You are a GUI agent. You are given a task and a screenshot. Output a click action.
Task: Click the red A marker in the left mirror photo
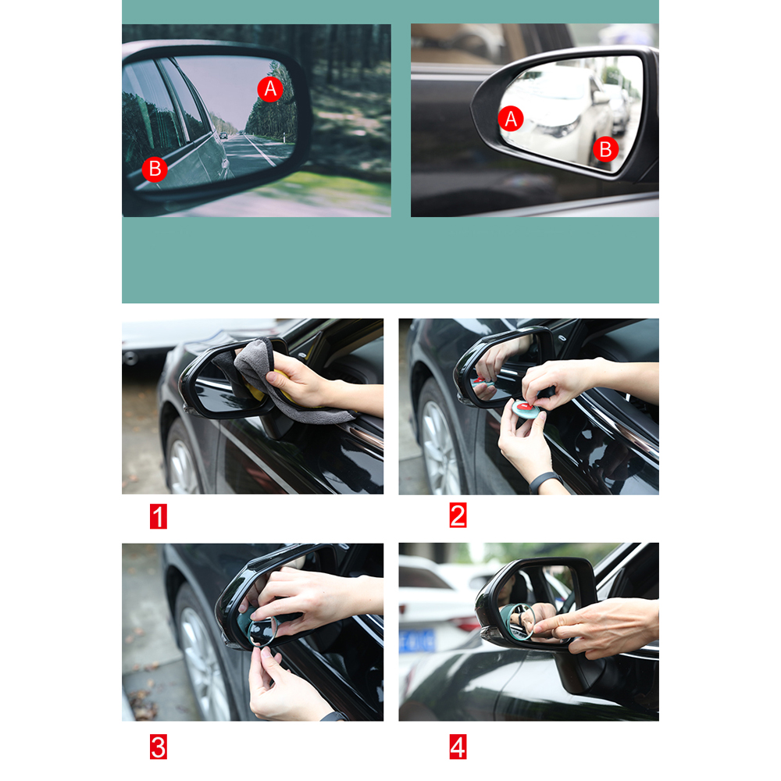point(270,89)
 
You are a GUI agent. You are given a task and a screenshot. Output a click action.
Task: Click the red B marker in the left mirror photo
point(155,169)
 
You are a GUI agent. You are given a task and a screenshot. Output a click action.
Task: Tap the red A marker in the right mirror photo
point(511,119)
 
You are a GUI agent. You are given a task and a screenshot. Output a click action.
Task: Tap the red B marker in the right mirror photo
point(605,149)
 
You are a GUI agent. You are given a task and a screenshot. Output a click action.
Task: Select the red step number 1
point(159,516)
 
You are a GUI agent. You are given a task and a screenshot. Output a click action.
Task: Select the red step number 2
point(458,515)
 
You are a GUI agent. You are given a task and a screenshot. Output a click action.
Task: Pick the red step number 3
point(159,747)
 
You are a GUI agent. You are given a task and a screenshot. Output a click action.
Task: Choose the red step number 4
point(458,747)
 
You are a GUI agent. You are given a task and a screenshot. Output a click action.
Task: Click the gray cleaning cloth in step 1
point(279,383)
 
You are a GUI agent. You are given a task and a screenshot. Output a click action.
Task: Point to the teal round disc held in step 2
point(526,408)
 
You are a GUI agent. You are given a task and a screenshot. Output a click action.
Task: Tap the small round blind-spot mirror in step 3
point(262,632)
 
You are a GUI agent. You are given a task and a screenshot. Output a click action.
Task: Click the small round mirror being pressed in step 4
point(522,621)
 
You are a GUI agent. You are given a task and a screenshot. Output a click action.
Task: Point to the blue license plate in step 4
point(416,641)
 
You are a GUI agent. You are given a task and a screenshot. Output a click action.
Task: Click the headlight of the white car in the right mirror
point(559,128)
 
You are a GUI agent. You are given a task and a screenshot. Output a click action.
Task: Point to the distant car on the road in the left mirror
point(223,135)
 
